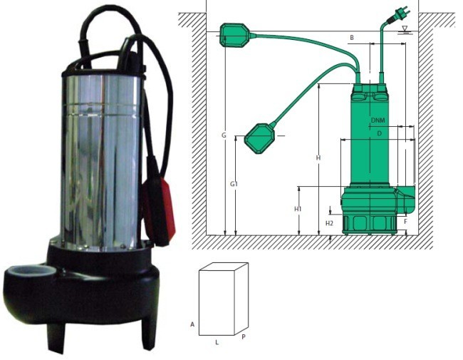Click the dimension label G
click(224, 135)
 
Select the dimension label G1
click(234, 184)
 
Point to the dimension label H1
click(298, 209)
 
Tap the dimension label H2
click(329, 223)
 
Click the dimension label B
click(352, 38)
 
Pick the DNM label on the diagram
click(378, 120)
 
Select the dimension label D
click(380, 133)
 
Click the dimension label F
click(406, 222)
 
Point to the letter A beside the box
click(192, 324)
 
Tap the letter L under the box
click(217, 343)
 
